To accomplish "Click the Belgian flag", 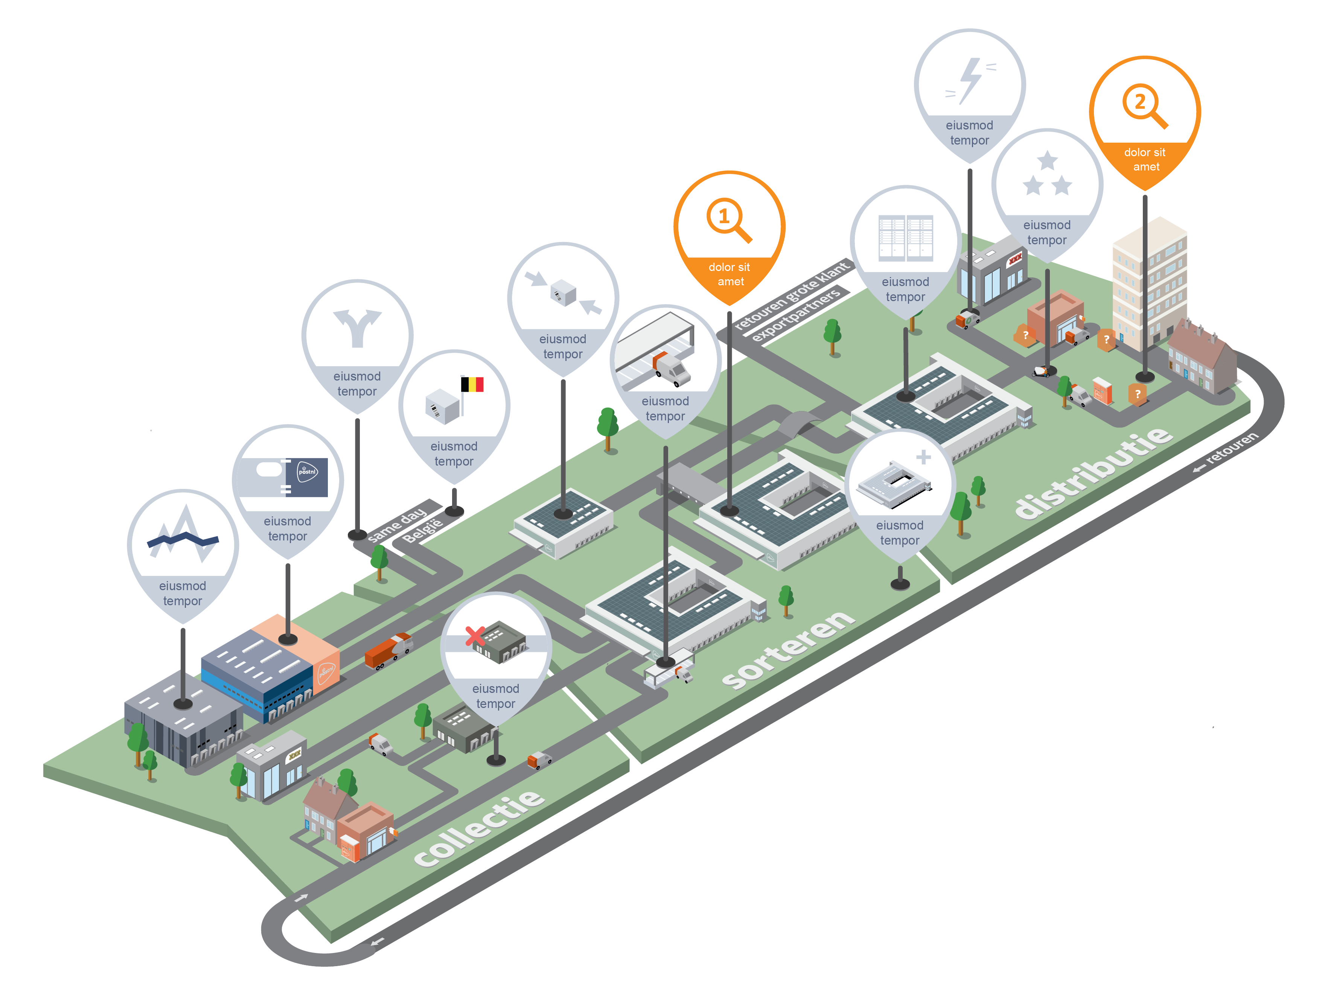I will pos(472,384).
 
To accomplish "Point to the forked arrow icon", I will pos(357,327).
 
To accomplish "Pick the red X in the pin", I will pos(475,636).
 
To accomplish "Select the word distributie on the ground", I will pos(1094,472).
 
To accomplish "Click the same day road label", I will pos(398,525).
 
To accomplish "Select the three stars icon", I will pos(1047,175).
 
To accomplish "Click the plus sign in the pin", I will pos(923,457).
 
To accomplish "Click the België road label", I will pos(423,530).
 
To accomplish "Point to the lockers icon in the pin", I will pos(905,238).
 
